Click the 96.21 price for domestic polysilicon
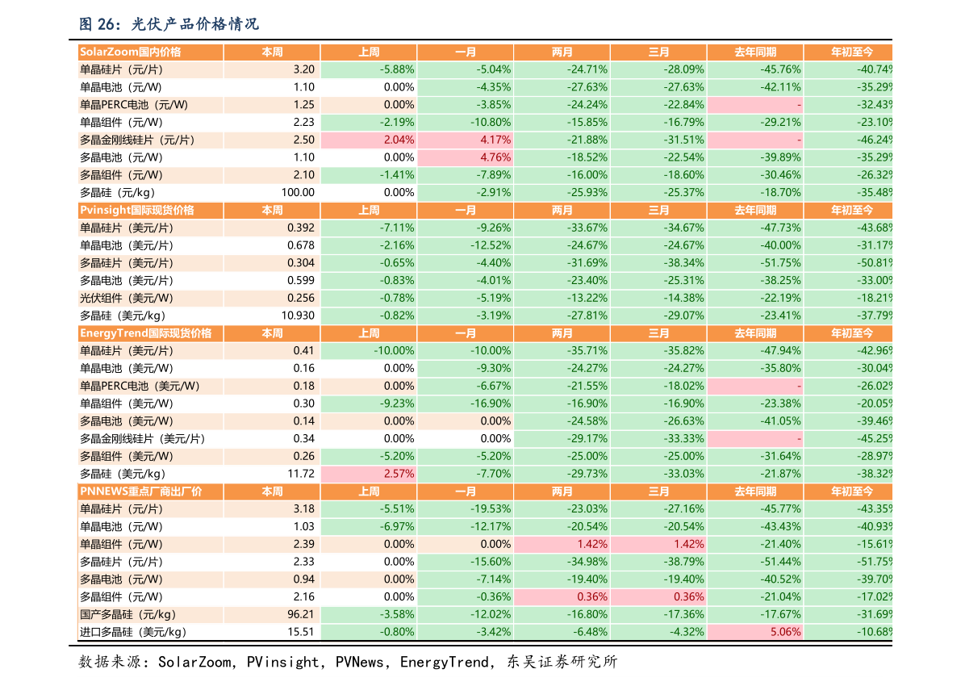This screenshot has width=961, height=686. point(300,615)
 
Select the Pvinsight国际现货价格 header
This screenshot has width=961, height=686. point(137,210)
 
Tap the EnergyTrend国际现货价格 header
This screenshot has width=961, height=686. point(145,333)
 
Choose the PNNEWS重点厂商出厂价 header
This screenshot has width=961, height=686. point(140,491)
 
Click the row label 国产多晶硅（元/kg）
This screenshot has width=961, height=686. point(127,615)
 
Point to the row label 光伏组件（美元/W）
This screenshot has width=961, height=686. point(127,299)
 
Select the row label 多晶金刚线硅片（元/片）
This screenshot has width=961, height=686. point(138,140)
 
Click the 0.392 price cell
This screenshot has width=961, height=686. point(300,228)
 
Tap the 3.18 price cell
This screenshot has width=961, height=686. point(303,509)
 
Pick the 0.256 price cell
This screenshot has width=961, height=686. point(300,299)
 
